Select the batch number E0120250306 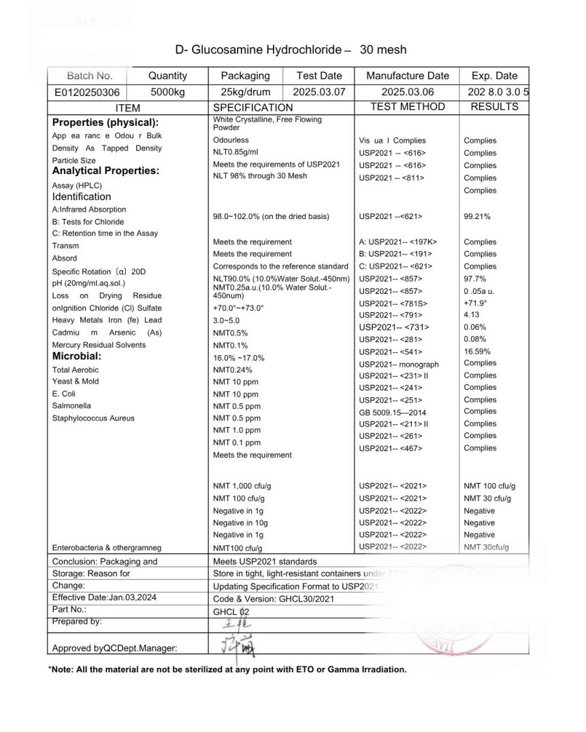87,93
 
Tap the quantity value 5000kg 167,93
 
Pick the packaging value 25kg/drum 245,93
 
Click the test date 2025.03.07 319,93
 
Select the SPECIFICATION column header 253,107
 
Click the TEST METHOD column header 407,107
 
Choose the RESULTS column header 494,107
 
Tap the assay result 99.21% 477,217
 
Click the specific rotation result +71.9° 476,303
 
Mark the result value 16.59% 477,352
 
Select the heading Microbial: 77,356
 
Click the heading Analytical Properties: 105,171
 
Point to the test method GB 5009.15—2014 393,412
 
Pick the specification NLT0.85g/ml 235,152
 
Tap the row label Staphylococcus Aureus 93,418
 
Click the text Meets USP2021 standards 265,562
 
